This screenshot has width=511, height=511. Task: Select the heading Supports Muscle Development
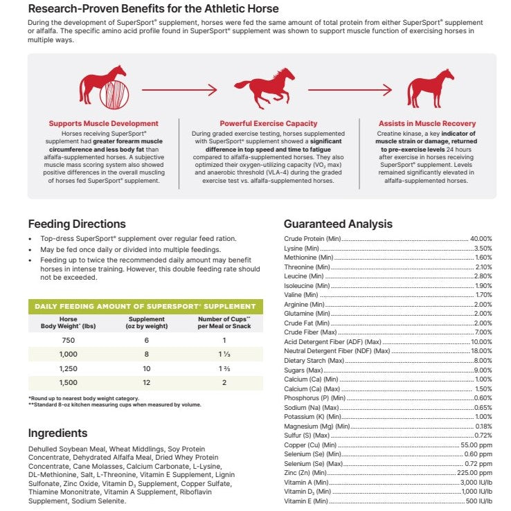click(104, 124)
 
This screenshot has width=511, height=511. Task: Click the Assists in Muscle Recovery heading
click(427, 124)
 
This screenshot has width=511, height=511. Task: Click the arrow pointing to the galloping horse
click(179, 89)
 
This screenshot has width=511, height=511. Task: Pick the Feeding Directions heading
click(77, 224)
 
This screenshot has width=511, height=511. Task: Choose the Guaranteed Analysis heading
click(338, 224)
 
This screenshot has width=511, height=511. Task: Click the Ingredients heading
click(57, 433)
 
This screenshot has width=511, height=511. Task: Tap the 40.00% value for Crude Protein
click(481, 239)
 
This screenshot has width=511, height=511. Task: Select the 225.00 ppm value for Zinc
click(476, 472)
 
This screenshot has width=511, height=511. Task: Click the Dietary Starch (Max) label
click(314, 360)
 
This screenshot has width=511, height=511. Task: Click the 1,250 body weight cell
click(67, 368)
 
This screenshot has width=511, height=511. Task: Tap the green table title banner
click(145, 306)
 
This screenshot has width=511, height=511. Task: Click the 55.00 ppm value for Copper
click(478, 445)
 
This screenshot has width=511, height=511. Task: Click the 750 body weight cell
click(67, 340)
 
